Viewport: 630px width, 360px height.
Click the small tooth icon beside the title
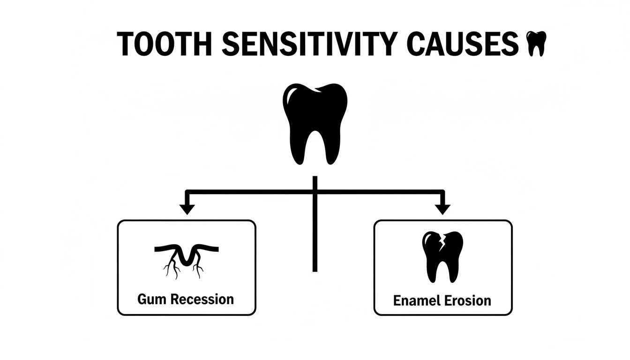pyautogui.click(x=536, y=44)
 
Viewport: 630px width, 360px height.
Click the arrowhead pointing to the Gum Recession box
pyautogui.click(x=187, y=209)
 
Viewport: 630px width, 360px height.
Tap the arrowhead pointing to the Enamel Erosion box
pyautogui.click(x=442, y=209)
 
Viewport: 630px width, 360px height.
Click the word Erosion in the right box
pyautogui.click(x=468, y=300)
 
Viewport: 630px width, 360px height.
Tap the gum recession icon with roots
pyautogui.click(x=186, y=259)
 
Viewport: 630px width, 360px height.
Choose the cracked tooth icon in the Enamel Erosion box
pyautogui.click(x=442, y=256)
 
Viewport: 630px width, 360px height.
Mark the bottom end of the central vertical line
pyautogui.click(x=315, y=270)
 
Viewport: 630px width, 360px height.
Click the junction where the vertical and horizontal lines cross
pyautogui.click(x=315, y=191)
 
